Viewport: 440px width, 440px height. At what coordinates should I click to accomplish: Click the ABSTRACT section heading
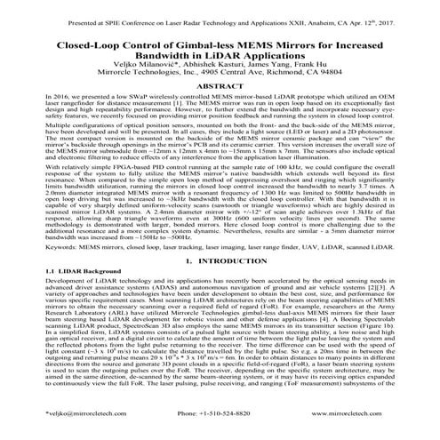click(220, 110)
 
